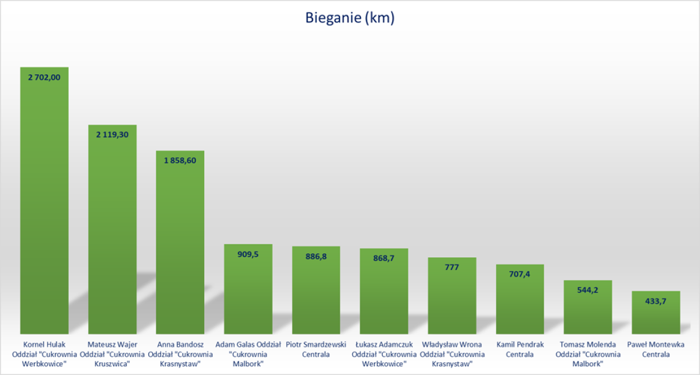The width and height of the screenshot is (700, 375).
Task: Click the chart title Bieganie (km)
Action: pyautogui.click(x=350, y=18)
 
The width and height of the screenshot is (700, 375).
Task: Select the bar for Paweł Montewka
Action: pyautogui.click(x=656, y=315)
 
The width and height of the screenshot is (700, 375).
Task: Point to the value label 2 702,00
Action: pyautogui.click(x=44, y=76)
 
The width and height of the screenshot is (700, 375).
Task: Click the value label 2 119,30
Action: pyautogui.click(x=112, y=134)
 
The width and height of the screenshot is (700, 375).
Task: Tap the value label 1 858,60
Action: pyautogui.click(x=180, y=160)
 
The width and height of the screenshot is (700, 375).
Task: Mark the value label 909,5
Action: pyautogui.click(x=248, y=254)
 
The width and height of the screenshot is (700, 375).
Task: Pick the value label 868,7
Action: pyautogui.click(x=383, y=258)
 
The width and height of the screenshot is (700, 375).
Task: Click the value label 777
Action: pyautogui.click(x=452, y=267)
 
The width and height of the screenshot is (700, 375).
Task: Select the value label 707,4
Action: pyautogui.click(x=519, y=274)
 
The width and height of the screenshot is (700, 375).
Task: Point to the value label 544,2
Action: pyautogui.click(x=587, y=290)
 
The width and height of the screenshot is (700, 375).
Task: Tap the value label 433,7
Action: pyautogui.click(x=656, y=300)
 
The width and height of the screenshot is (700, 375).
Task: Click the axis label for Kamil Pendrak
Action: pyautogui.click(x=519, y=349)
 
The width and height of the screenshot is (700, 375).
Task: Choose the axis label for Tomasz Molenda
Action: pyautogui.click(x=587, y=354)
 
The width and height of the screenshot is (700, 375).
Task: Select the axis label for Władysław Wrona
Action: pyautogui.click(x=452, y=354)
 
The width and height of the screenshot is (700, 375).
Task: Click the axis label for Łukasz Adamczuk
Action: pyautogui.click(x=383, y=354)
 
